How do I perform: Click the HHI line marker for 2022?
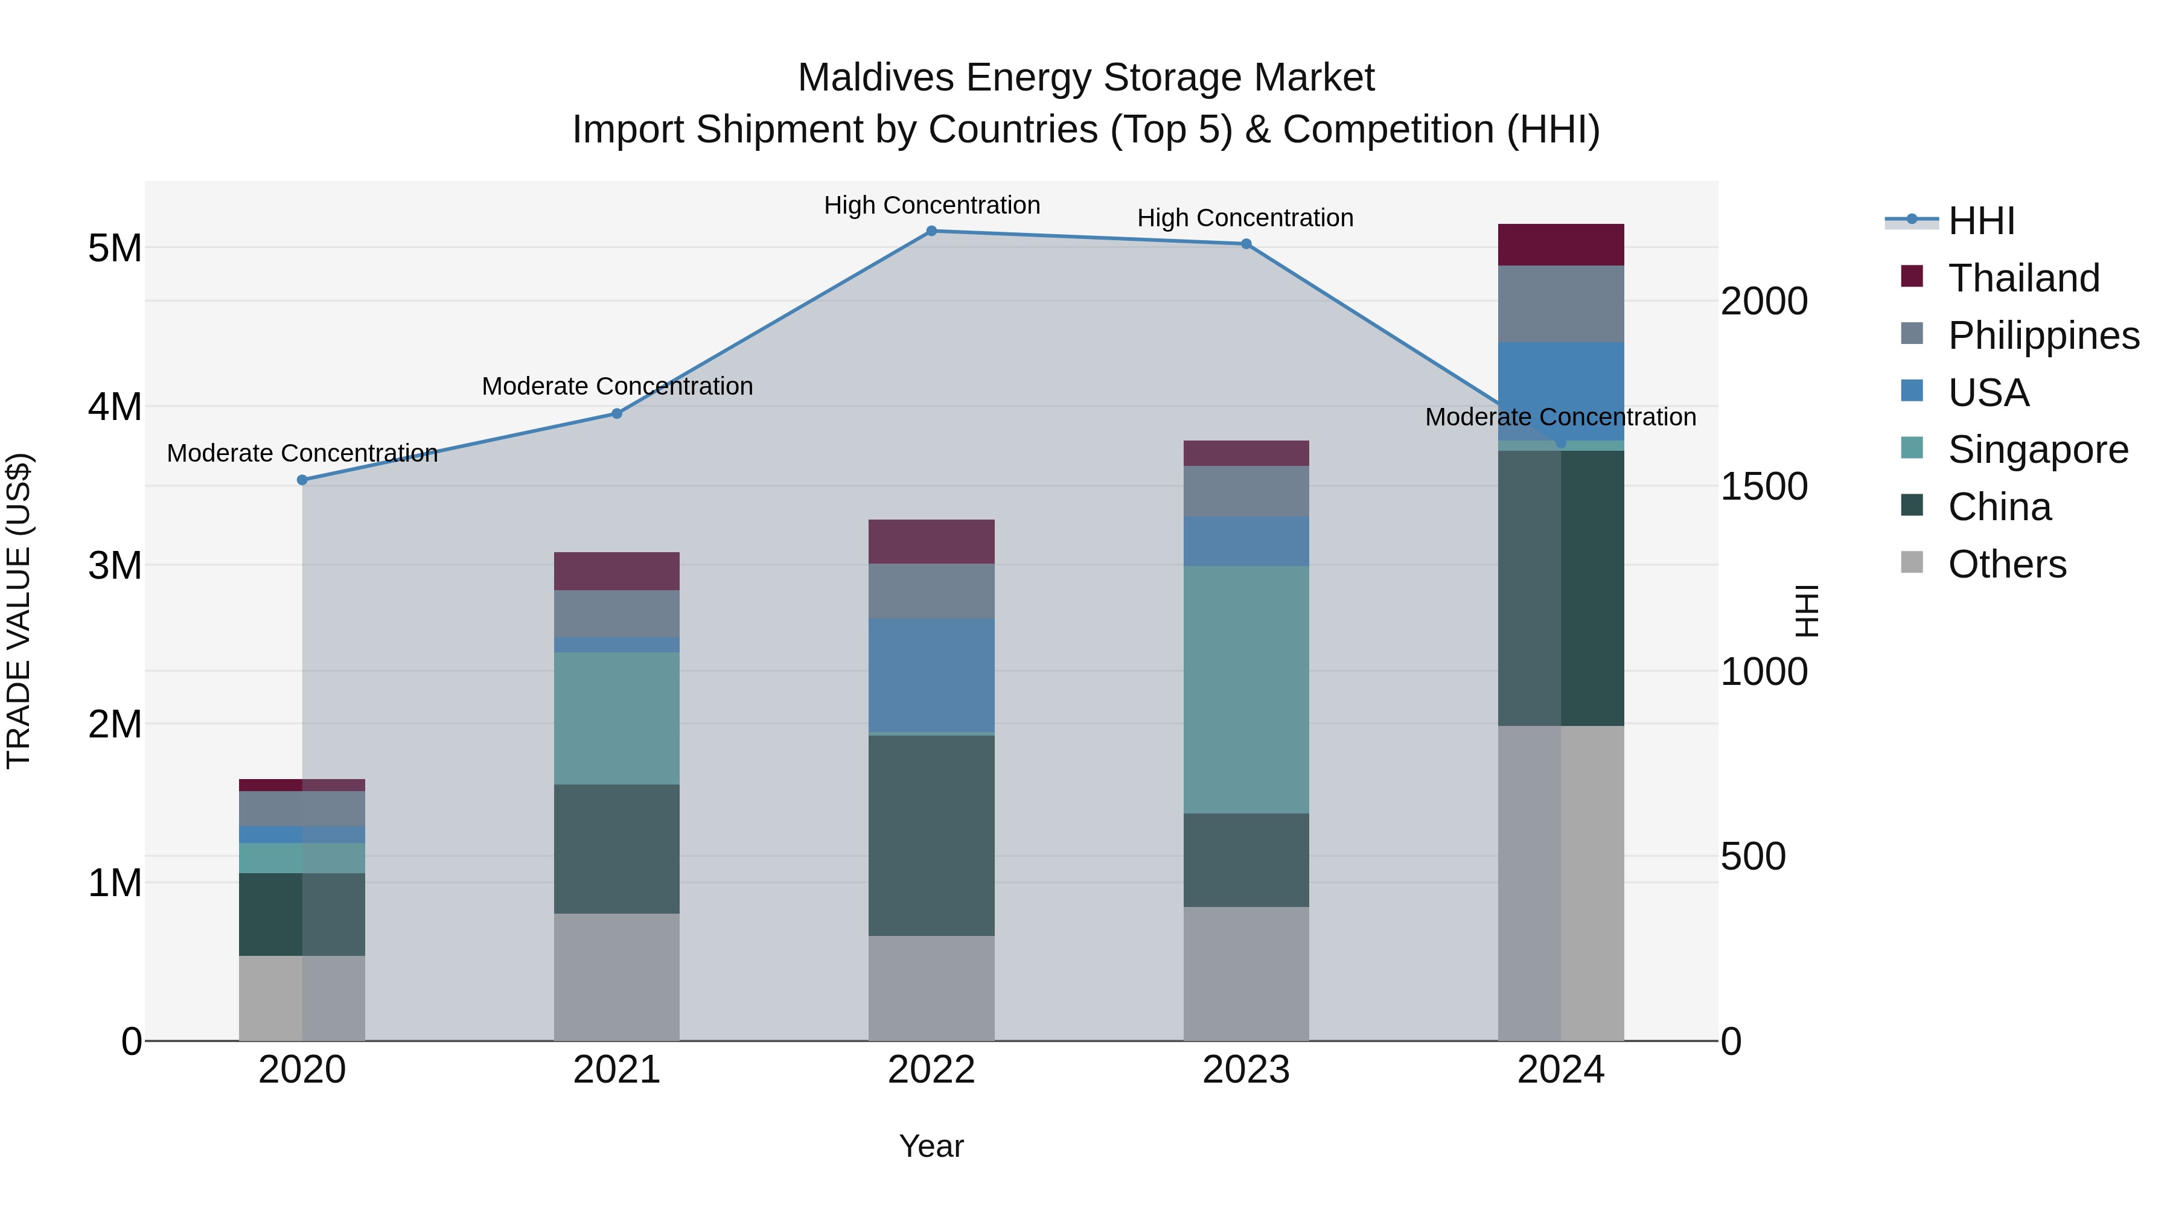coord(931,231)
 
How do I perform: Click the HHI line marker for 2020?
coord(302,480)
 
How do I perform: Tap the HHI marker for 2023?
coord(1246,244)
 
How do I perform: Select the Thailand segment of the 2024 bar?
coord(1560,244)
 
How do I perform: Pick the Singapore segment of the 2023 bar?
coord(1246,689)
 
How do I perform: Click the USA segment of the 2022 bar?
coord(931,675)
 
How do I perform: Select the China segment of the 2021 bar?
coord(617,848)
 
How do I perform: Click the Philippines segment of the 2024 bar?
coord(1560,304)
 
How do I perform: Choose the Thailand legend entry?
coord(2023,278)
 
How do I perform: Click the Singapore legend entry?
coord(2037,450)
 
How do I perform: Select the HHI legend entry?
coord(1980,221)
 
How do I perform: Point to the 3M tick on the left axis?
coord(115,565)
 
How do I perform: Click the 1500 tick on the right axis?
coord(1764,486)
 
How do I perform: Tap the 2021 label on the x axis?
coord(617,1070)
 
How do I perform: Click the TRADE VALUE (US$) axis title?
coord(19,611)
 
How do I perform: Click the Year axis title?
coord(931,1146)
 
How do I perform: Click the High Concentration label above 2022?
coord(931,205)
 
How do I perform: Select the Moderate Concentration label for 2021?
coord(617,386)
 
